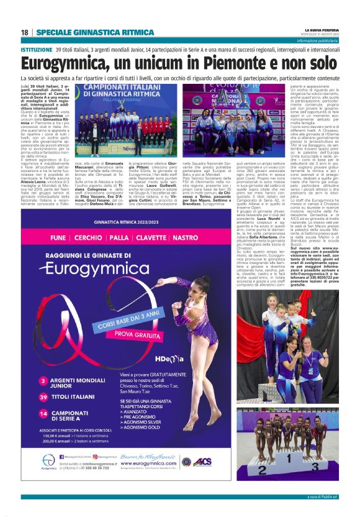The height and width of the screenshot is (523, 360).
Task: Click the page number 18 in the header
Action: point(25,32)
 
